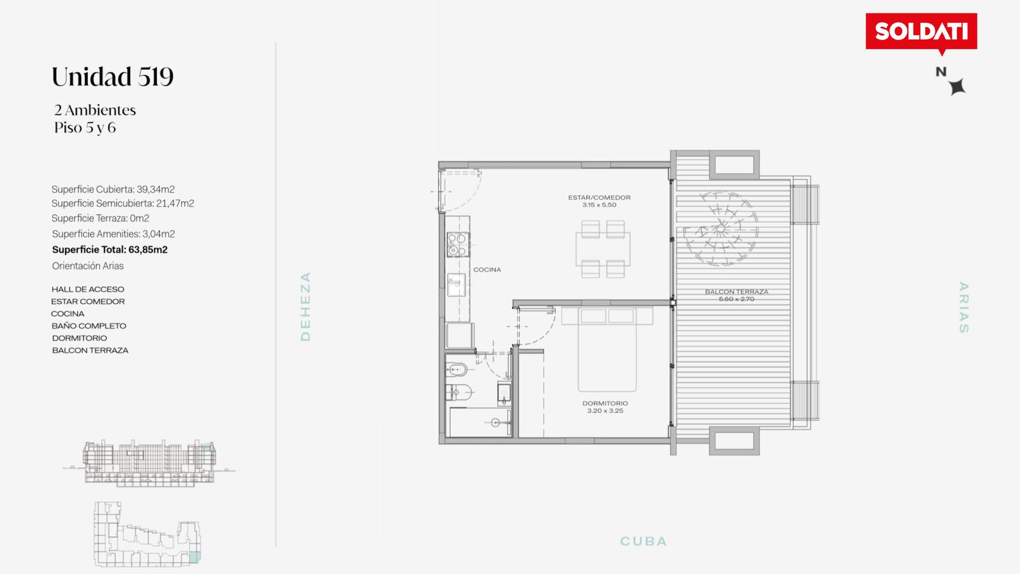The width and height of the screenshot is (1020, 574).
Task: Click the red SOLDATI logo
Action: coord(921,33)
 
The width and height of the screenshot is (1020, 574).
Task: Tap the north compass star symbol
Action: coord(958,87)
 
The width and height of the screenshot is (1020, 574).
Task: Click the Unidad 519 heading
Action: coord(112,76)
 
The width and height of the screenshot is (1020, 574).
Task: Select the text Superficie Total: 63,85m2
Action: coord(110,249)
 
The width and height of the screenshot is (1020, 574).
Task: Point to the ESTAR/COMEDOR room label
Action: coord(599,198)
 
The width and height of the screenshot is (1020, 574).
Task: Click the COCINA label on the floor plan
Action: coord(487,270)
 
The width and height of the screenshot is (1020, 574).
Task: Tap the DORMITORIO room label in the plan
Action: coord(605,403)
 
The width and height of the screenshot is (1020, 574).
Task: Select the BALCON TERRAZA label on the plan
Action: coord(736,291)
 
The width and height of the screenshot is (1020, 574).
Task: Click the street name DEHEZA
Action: coord(305,307)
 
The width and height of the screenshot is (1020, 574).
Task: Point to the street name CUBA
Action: coord(643,541)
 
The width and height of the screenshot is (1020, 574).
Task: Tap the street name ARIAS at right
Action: coord(963,307)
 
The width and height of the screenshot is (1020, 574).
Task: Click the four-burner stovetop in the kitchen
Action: coord(458,244)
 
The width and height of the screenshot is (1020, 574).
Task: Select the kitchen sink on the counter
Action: coord(456,284)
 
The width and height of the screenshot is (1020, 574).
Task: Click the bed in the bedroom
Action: coord(607,350)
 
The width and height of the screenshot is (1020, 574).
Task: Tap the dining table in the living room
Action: coord(603,249)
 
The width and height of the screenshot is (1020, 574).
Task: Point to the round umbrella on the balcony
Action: coord(720,228)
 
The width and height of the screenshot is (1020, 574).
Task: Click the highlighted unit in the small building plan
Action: coord(194,556)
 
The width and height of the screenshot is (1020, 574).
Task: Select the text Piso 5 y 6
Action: coord(85,128)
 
